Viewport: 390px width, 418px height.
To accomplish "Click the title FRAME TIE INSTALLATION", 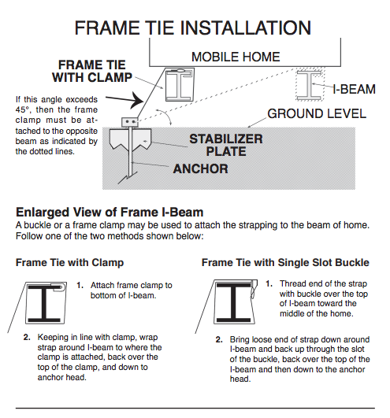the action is (192, 28).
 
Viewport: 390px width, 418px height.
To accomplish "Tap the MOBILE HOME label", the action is (236, 57).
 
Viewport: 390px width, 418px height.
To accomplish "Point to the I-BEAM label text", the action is (355, 89).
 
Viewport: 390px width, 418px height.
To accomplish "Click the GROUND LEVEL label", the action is (317, 113).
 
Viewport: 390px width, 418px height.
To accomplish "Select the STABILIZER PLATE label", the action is (226, 145).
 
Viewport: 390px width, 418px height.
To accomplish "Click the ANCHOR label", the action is (200, 168).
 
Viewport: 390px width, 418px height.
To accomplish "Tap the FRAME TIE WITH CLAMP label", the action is (92, 71).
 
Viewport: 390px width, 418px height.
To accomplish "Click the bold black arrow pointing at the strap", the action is (124, 101).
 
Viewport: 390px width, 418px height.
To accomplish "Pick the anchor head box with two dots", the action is (130, 121).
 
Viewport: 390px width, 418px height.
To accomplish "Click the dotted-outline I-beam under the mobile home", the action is (309, 85).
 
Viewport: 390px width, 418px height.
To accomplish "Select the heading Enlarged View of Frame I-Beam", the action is (110, 213).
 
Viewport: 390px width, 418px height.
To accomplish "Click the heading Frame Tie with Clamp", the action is (69, 263).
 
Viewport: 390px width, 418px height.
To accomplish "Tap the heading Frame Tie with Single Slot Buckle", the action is (285, 263).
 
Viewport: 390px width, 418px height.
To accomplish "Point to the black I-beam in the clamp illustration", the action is (44, 304).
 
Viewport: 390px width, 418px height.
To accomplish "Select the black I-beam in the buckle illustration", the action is (233, 302).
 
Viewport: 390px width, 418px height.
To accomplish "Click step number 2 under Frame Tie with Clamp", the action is (27, 337).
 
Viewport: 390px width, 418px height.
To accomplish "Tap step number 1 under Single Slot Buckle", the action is (269, 283).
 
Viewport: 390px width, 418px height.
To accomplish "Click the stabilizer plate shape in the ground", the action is (131, 139).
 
